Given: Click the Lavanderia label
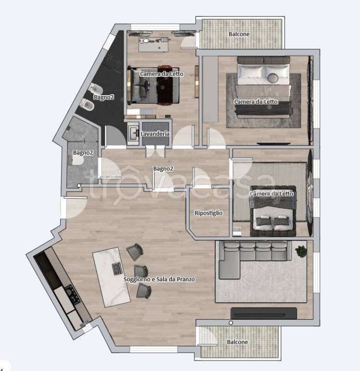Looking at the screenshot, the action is point(155,134).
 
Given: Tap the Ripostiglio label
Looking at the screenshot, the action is point(208,213).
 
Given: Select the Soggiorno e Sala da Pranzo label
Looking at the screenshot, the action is point(159,279).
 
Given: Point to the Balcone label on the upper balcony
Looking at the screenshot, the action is point(239,34).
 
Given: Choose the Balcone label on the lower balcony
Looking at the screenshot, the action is point(237,342).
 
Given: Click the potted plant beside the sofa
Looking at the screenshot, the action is point(301,251).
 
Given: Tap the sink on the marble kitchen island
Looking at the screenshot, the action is point(117,269).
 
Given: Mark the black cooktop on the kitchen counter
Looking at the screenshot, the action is point(72,295).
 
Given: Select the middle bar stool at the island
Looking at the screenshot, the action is point(141,271).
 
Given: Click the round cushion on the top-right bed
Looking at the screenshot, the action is point(274,78).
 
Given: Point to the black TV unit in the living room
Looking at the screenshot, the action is point(264,314).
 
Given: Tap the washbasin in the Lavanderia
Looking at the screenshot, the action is point(133,133).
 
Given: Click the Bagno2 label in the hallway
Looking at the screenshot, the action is point(163,169).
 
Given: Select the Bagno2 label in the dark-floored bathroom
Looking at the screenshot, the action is point(104,97).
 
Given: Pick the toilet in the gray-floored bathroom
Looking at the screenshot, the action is point(76,161).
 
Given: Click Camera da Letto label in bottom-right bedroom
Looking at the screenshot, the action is point(272,194).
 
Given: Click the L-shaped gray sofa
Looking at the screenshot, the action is point(253,259).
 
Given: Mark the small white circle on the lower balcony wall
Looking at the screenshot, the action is point(231,323).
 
